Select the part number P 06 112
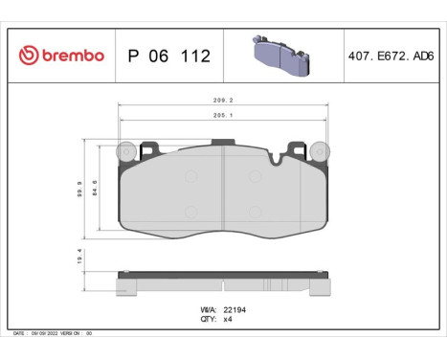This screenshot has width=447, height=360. tap(168, 56)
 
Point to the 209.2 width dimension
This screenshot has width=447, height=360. tap(223, 99)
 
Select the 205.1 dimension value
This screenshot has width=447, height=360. tap(223, 117)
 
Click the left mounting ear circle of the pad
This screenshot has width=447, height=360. tap(123, 151)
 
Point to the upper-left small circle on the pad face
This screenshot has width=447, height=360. tap(190, 175)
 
